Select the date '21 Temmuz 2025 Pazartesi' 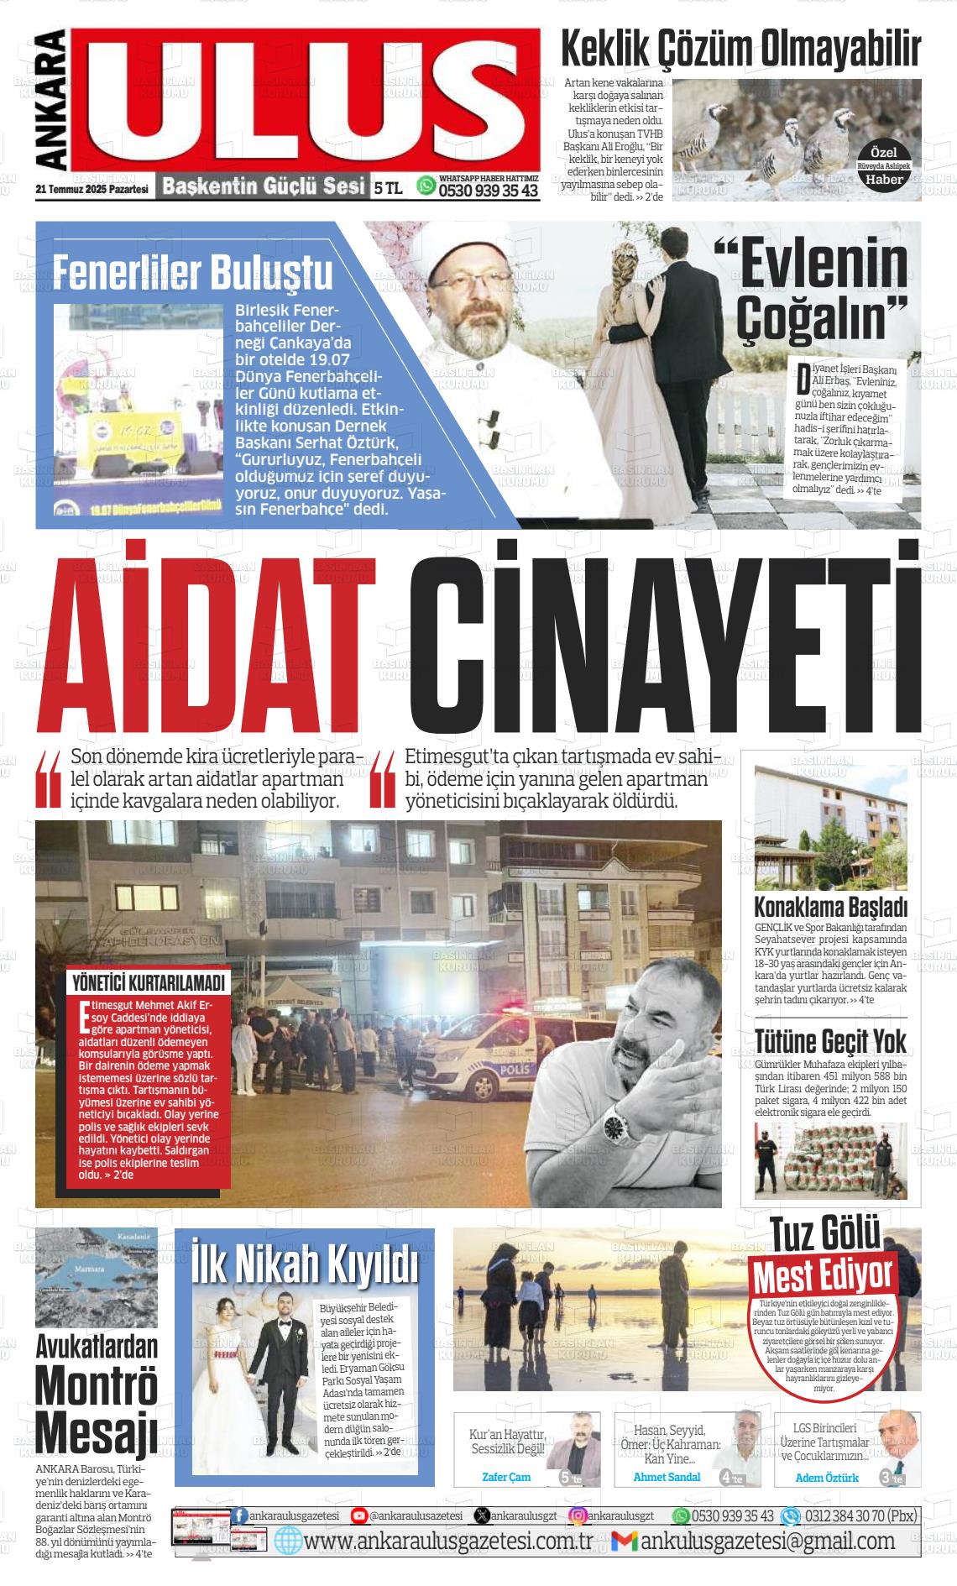[92, 190]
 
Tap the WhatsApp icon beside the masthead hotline [427, 185]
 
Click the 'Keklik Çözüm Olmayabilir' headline [740, 49]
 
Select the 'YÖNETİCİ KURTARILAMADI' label [149, 983]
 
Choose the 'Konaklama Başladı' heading [830, 908]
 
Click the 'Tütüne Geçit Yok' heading [830, 1042]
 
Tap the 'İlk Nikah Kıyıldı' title [304, 1261]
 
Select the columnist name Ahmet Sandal [667, 1477]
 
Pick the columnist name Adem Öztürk [827, 1478]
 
